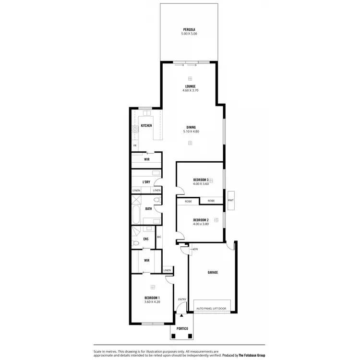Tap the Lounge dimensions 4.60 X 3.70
click(190, 91)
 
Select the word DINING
click(191, 127)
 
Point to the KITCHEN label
click(146, 125)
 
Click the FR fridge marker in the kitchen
click(135, 145)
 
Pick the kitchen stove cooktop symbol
click(135, 129)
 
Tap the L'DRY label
click(146, 182)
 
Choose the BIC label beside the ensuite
click(159, 237)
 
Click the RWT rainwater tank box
click(231, 200)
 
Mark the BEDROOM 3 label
click(201, 180)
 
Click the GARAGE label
click(213, 272)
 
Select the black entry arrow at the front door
click(181, 315)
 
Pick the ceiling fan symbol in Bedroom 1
click(153, 287)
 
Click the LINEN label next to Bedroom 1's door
click(167, 270)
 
